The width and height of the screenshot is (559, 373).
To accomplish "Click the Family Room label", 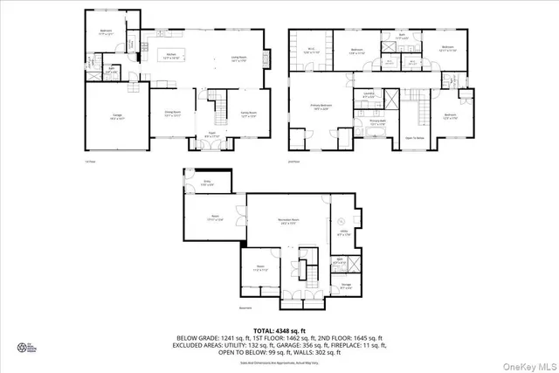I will (248, 114).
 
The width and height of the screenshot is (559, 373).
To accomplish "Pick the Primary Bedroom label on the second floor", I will (321, 107).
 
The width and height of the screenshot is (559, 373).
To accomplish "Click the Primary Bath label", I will (376, 122).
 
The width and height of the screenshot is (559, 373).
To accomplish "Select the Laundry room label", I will (370, 95).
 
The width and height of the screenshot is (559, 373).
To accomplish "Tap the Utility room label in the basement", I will (343, 233).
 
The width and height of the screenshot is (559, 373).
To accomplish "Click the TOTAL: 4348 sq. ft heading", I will (279, 328).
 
